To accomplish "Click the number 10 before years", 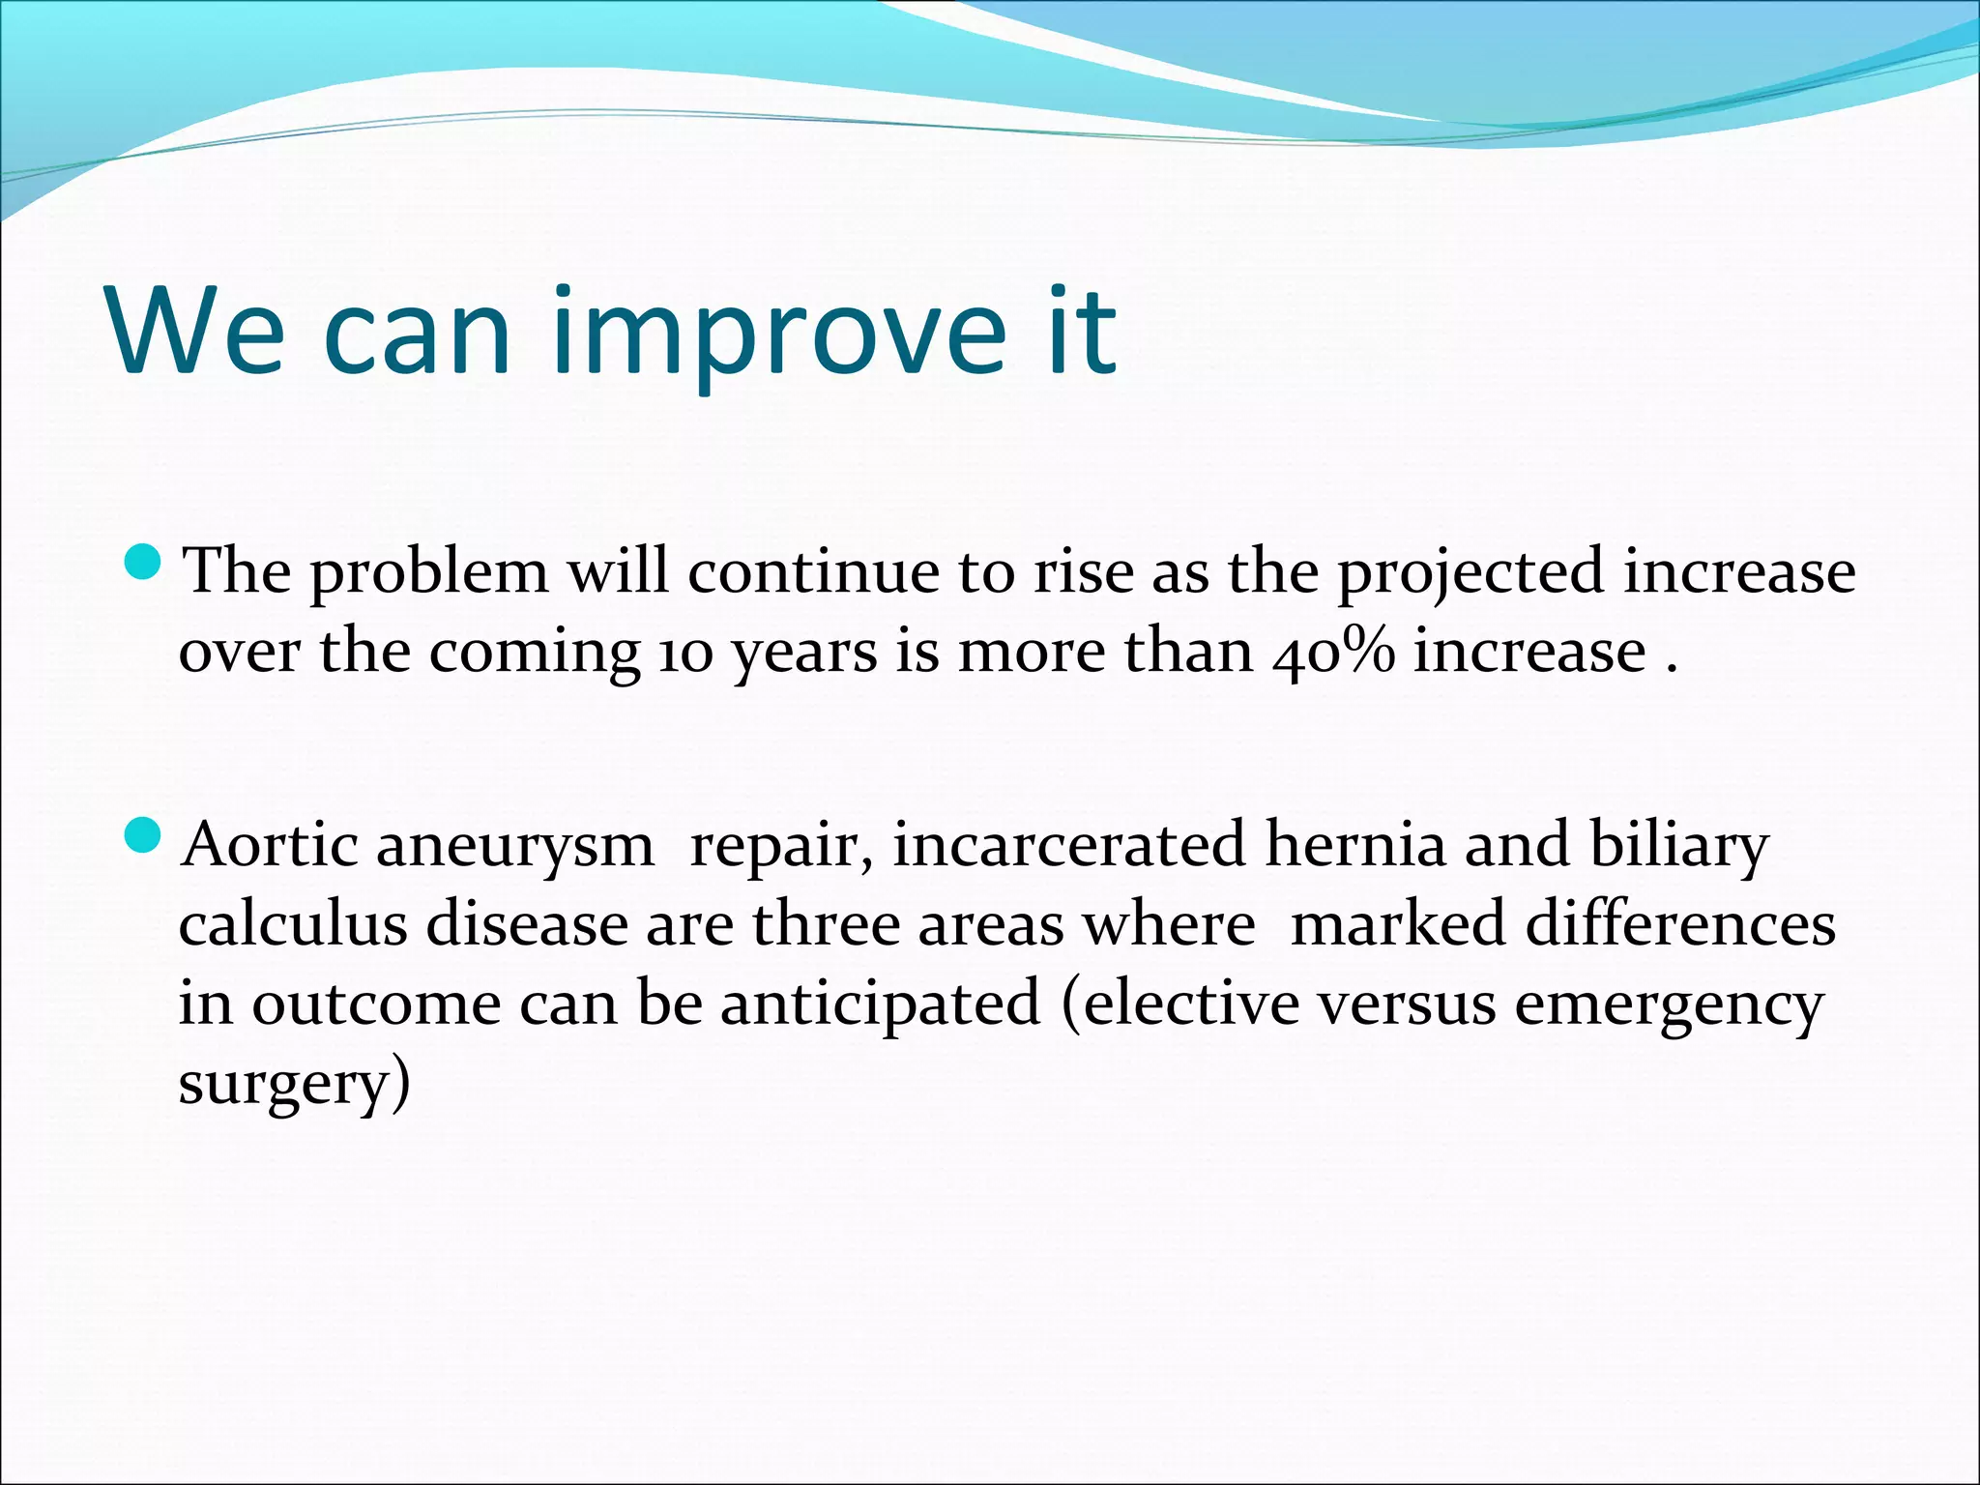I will pyautogui.click(x=685, y=653).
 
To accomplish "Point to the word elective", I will pyautogui.click(x=1190, y=1004).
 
